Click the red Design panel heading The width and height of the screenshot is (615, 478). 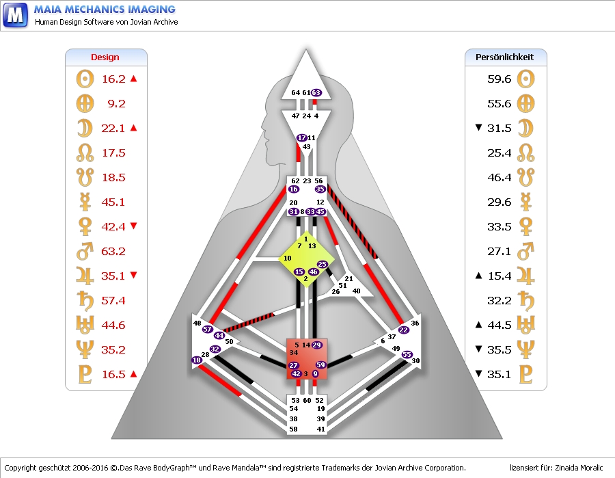[105, 57]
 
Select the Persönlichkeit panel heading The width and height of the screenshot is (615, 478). [504, 57]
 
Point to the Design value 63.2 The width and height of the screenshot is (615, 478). [113, 252]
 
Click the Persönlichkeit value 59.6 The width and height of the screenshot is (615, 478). [500, 79]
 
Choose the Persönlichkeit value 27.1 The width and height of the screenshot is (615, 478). [500, 252]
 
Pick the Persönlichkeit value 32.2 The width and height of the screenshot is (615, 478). [500, 301]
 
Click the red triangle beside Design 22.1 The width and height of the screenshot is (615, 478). [133, 128]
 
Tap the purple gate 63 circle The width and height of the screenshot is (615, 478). [316, 92]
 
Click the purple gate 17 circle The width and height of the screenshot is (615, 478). [302, 138]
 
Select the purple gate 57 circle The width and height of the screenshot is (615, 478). [208, 330]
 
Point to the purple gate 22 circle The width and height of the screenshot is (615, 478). [404, 330]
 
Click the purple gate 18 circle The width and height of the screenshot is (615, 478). [197, 360]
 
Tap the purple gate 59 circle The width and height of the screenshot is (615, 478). [321, 365]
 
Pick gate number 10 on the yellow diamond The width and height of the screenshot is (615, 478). [288, 258]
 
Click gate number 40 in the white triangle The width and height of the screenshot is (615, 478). [356, 291]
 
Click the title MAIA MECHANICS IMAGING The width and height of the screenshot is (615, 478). [105, 10]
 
